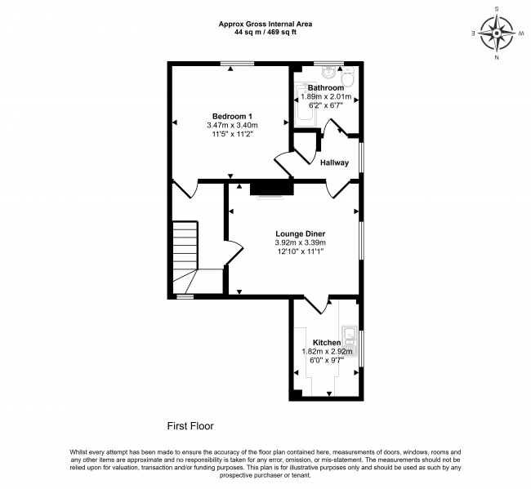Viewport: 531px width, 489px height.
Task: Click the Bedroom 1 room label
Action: coord(232,116)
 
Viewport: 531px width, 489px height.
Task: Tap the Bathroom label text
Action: coord(326,87)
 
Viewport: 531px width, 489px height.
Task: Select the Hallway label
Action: coord(334,162)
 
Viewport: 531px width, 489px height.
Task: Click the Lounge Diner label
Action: coord(300,233)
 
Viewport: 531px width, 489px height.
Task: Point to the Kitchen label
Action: coord(327,343)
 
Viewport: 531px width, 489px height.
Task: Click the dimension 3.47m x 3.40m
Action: coord(232,125)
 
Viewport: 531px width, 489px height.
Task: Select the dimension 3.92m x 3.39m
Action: coord(301,242)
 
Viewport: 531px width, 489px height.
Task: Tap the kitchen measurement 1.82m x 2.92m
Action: coord(327,352)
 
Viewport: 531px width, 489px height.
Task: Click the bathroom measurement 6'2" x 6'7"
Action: coord(326,105)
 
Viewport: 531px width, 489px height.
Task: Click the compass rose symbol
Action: coord(497,33)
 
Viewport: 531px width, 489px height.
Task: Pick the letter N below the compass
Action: coord(497,57)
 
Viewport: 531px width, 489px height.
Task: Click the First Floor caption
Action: coord(190,425)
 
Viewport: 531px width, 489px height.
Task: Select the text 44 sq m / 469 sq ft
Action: coord(265,33)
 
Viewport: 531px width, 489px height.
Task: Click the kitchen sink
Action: coord(349,340)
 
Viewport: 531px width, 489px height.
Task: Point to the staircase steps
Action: coord(185,257)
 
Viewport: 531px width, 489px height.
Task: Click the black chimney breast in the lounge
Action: coord(271,187)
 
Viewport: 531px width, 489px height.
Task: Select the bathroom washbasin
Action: coord(328,71)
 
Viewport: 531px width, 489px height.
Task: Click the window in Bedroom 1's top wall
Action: coord(237,64)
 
